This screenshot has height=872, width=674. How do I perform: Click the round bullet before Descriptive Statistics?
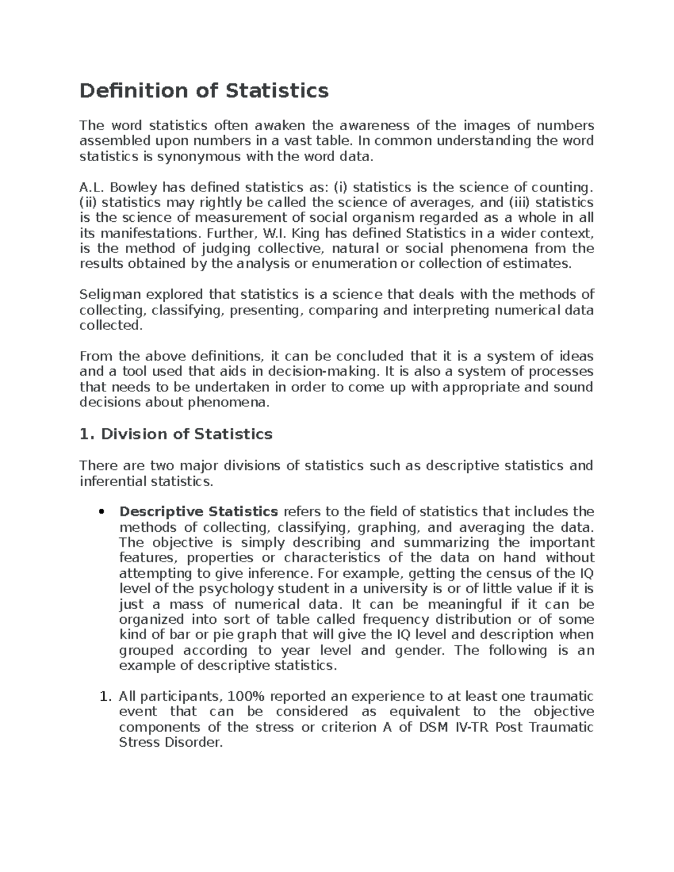[x=101, y=512]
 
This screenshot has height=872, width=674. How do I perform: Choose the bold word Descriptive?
[x=161, y=512]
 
